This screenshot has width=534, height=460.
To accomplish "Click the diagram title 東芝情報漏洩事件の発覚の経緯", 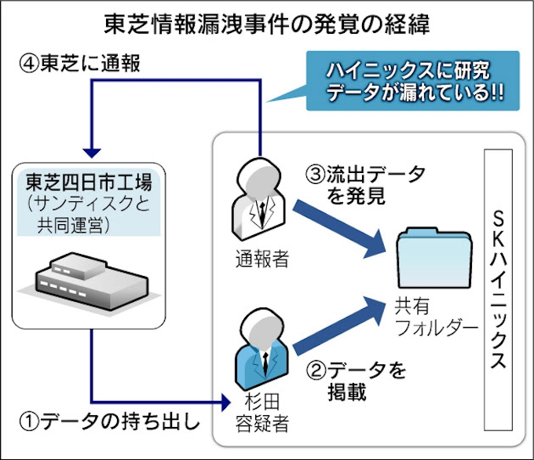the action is [x=267, y=24].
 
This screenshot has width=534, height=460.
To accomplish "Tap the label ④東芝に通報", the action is [x=79, y=64].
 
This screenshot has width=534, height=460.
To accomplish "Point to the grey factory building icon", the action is [x=91, y=281].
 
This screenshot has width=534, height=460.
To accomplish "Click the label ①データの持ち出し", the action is [x=109, y=421].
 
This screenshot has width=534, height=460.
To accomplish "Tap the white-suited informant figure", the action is [x=259, y=199].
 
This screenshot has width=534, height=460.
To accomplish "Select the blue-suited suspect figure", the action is [x=262, y=349].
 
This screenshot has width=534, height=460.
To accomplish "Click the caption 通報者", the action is [x=262, y=259].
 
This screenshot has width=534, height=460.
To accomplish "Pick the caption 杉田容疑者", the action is [x=262, y=413].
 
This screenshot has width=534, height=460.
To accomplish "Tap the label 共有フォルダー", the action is [x=437, y=317].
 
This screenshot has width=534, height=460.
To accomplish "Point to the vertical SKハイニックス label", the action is [x=498, y=290].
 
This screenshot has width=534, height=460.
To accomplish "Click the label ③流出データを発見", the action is [x=365, y=185].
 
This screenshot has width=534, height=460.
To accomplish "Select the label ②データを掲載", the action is [x=357, y=381].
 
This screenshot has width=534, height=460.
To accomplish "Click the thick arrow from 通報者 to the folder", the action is [x=339, y=229].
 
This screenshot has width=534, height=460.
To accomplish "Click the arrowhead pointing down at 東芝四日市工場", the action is [x=92, y=153].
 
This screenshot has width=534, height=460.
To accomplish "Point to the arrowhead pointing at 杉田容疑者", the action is [x=226, y=402].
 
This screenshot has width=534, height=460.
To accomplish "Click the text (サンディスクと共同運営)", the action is [x=89, y=215].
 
